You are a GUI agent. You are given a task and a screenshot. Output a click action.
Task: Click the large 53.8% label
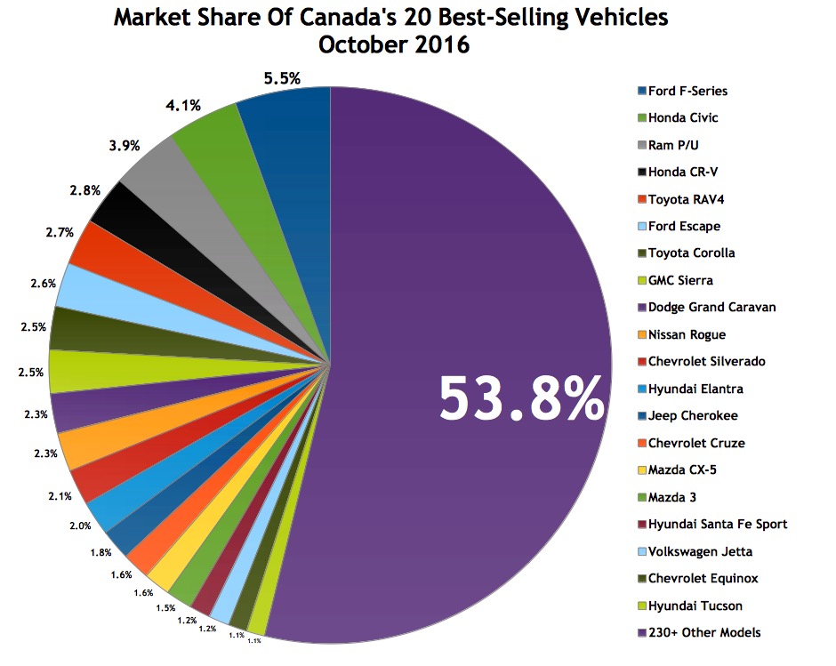[x=521, y=398]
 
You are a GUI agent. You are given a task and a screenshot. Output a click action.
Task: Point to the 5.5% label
[x=283, y=79]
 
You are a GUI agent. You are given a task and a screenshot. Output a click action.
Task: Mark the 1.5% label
[x=165, y=607]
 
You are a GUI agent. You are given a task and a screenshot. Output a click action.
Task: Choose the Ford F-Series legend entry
[x=687, y=91]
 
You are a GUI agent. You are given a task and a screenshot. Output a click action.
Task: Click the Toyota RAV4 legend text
[x=686, y=199]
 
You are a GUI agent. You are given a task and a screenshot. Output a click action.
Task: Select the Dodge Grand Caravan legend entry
[x=711, y=307]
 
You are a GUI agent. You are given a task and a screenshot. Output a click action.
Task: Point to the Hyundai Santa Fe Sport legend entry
[x=717, y=524]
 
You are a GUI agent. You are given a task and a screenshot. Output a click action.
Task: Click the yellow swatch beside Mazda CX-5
[x=641, y=469]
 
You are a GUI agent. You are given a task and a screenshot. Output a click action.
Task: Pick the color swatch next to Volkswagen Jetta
[x=641, y=551]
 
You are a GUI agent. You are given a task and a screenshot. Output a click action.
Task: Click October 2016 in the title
[x=390, y=44]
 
